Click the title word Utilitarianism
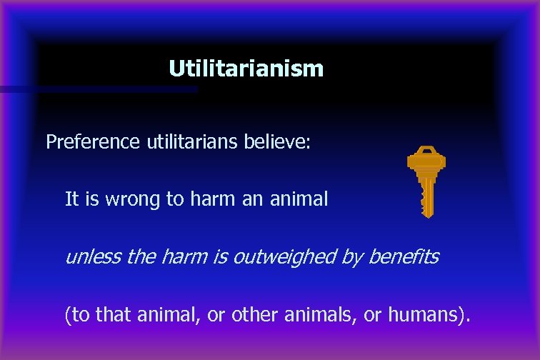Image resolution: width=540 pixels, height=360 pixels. [246, 69]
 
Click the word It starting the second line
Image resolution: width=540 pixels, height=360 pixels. [71, 199]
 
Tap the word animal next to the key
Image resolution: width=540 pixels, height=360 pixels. [299, 199]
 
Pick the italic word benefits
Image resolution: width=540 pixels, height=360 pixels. [404, 256]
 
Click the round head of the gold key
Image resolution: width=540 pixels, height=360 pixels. [426, 158]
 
